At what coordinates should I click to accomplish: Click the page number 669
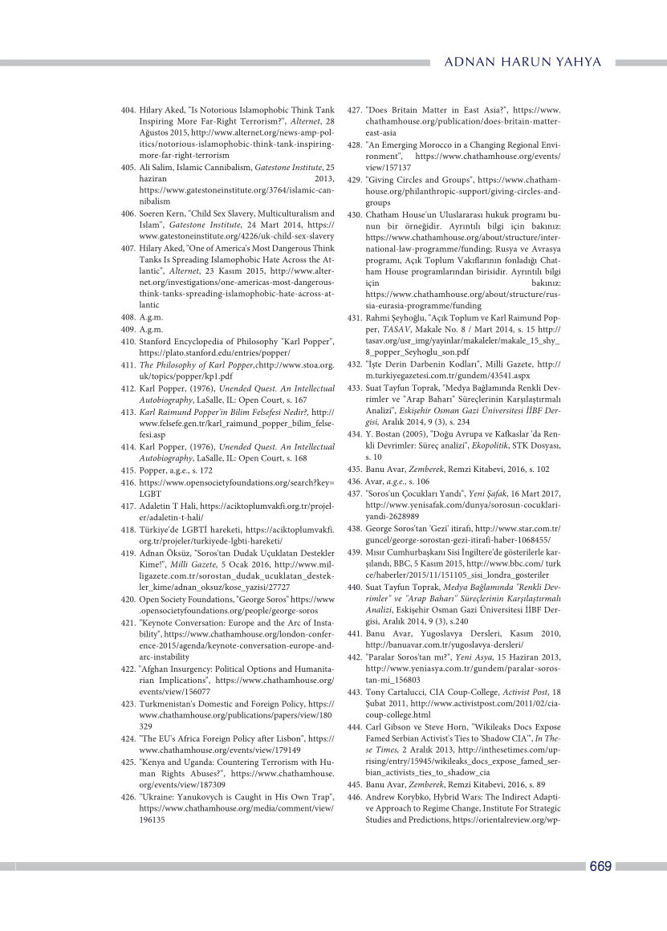point(600,866)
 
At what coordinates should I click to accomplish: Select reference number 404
point(126,110)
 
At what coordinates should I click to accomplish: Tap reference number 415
point(126,469)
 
